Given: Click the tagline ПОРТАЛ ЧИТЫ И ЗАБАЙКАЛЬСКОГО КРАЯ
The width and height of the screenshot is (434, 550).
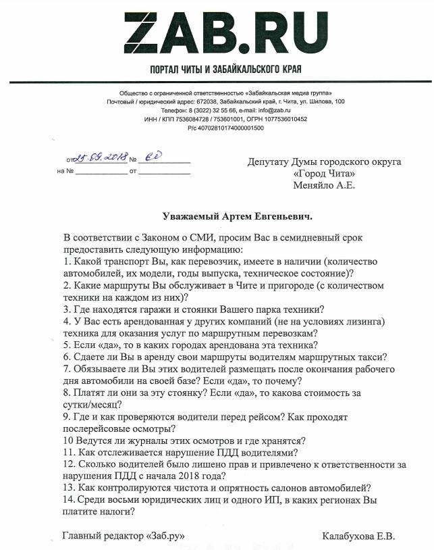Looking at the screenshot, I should (x=217, y=70).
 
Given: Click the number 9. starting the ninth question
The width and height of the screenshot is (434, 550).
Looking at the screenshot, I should (x=67, y=416).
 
